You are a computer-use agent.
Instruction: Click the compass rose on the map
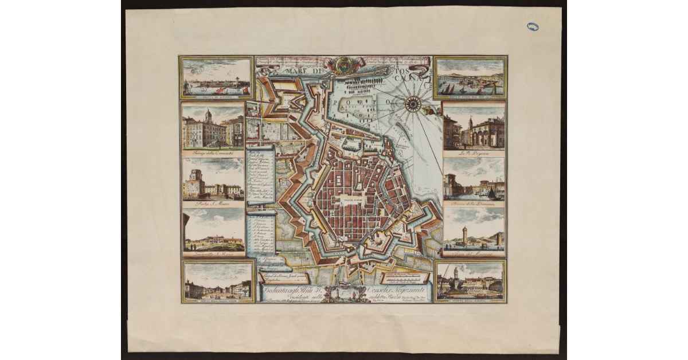click(413, 104)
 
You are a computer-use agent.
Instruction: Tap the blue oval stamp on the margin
click(533, 26)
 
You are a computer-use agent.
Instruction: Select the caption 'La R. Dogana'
click(474, 154)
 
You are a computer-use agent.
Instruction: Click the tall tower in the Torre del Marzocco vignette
click(465, 233)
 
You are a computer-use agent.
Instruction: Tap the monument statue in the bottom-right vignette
click(456, 274)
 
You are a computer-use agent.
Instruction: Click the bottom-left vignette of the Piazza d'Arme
click(216, 281)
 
